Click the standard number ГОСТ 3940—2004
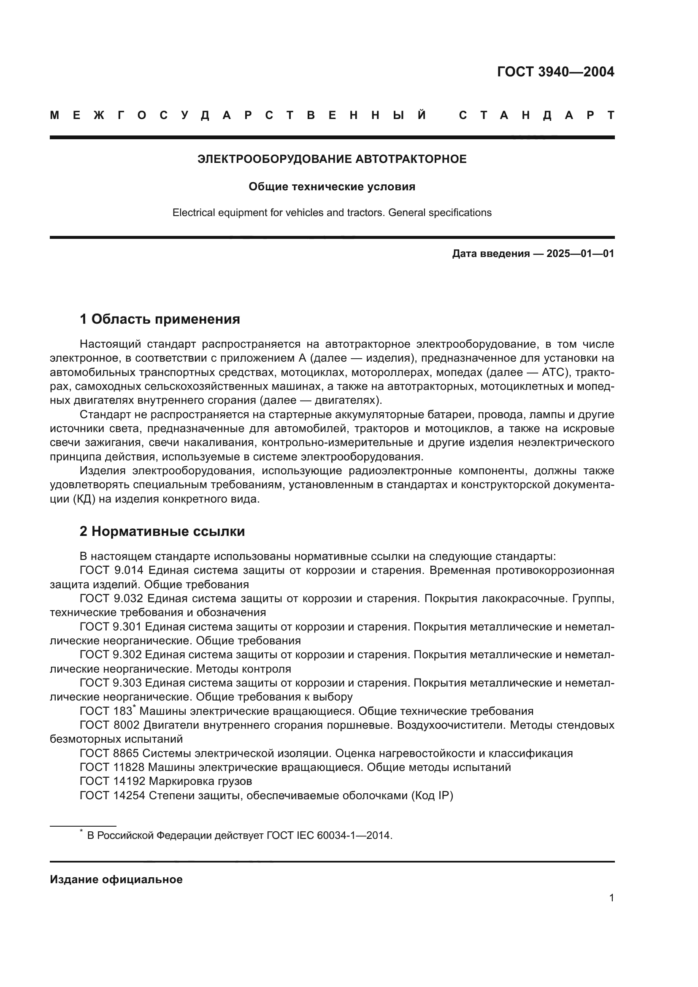[555, 72]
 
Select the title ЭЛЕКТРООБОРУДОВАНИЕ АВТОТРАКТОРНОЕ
[332, 160]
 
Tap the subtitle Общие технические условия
[332, 187]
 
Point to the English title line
[332, 213]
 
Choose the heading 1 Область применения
[160, 319]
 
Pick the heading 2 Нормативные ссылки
[162, 532]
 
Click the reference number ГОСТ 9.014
[112, 571]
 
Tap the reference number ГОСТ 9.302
[112, 655]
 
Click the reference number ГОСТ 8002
[110, 725]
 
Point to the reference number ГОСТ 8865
[110, 754]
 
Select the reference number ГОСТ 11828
[112, 767]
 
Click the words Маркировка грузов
[200, 781]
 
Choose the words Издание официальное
[116, 879]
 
